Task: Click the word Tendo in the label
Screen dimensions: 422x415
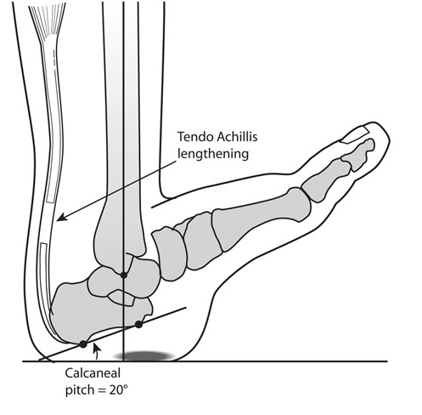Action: pyautogui.click(x=195, y=137)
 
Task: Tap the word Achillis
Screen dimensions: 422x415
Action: pyautogui.click(x=237, y=137)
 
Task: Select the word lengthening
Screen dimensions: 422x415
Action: pyautogui.click(x=213, y=154)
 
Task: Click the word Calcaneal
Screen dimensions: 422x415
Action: pyautogui.click(x=93, y=373)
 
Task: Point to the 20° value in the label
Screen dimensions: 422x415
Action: pyautogui.click(x=118, y=390)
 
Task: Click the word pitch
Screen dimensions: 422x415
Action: pyautogui.click(x=80, y=390)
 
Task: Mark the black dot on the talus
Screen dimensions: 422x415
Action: pyautogui.click(x=124, y=275)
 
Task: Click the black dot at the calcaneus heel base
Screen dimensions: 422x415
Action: pyautogui.click(x=83, y=344)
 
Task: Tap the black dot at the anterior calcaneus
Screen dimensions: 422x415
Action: pyautogui.click(x=138, y=324)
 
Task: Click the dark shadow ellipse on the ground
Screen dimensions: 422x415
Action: pyautogui.click(x=143, y=355)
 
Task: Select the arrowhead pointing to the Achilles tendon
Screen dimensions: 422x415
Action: pyautogui.click(x=62, y=217)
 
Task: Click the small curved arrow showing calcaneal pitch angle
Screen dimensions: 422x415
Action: pyautogui.click(x=97, y=351)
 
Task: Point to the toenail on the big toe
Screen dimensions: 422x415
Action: pyautogui.click(x=355, y=134)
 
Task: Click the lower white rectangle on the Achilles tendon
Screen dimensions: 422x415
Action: pyautogui.click(x=46, y=276)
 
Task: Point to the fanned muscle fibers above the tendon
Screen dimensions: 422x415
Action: pyautogui.click(x=48, y=24)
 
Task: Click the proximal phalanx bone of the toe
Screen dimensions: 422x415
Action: pyautogui.click(x=325, y=179)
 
